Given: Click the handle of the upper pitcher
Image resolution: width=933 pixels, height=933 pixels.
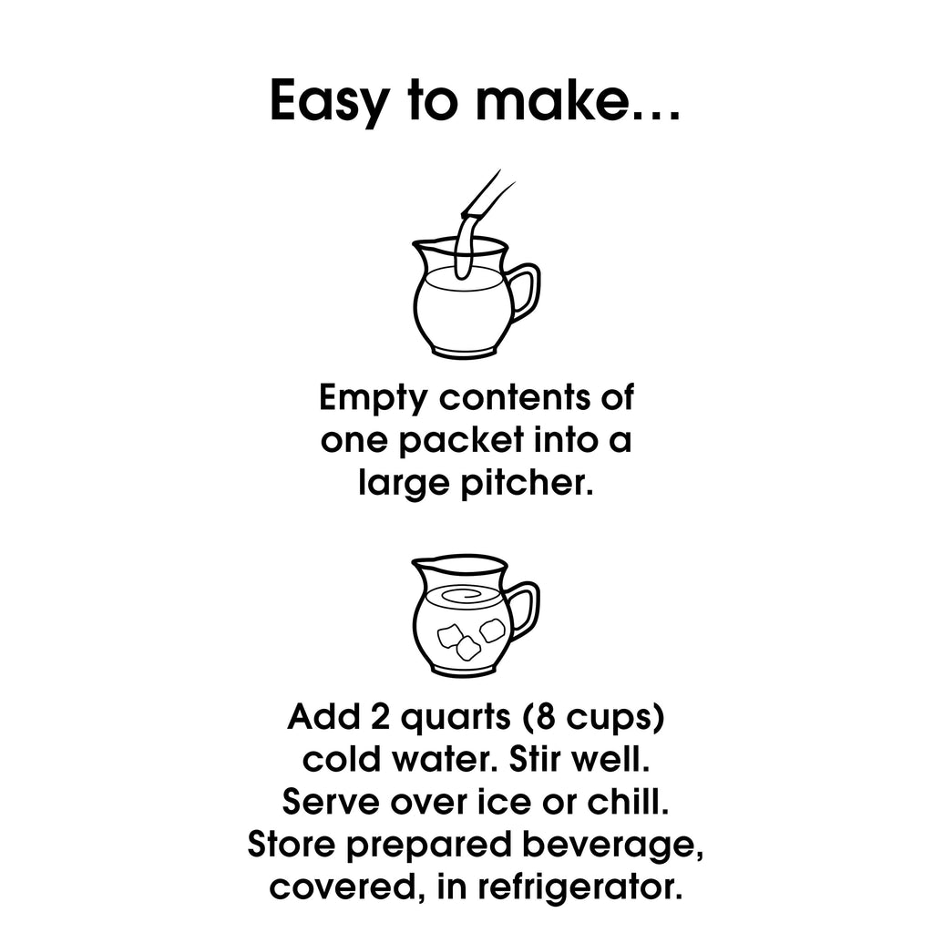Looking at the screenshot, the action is coord(524,292).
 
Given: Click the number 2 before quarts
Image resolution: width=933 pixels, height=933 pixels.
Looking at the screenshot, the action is coord(380,718).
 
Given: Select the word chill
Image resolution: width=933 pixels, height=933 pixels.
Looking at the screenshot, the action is coord(629,801).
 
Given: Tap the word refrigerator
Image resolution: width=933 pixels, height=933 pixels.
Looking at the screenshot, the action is coord(580,887).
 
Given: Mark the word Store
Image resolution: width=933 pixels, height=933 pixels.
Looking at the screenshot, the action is coord(292,844).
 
